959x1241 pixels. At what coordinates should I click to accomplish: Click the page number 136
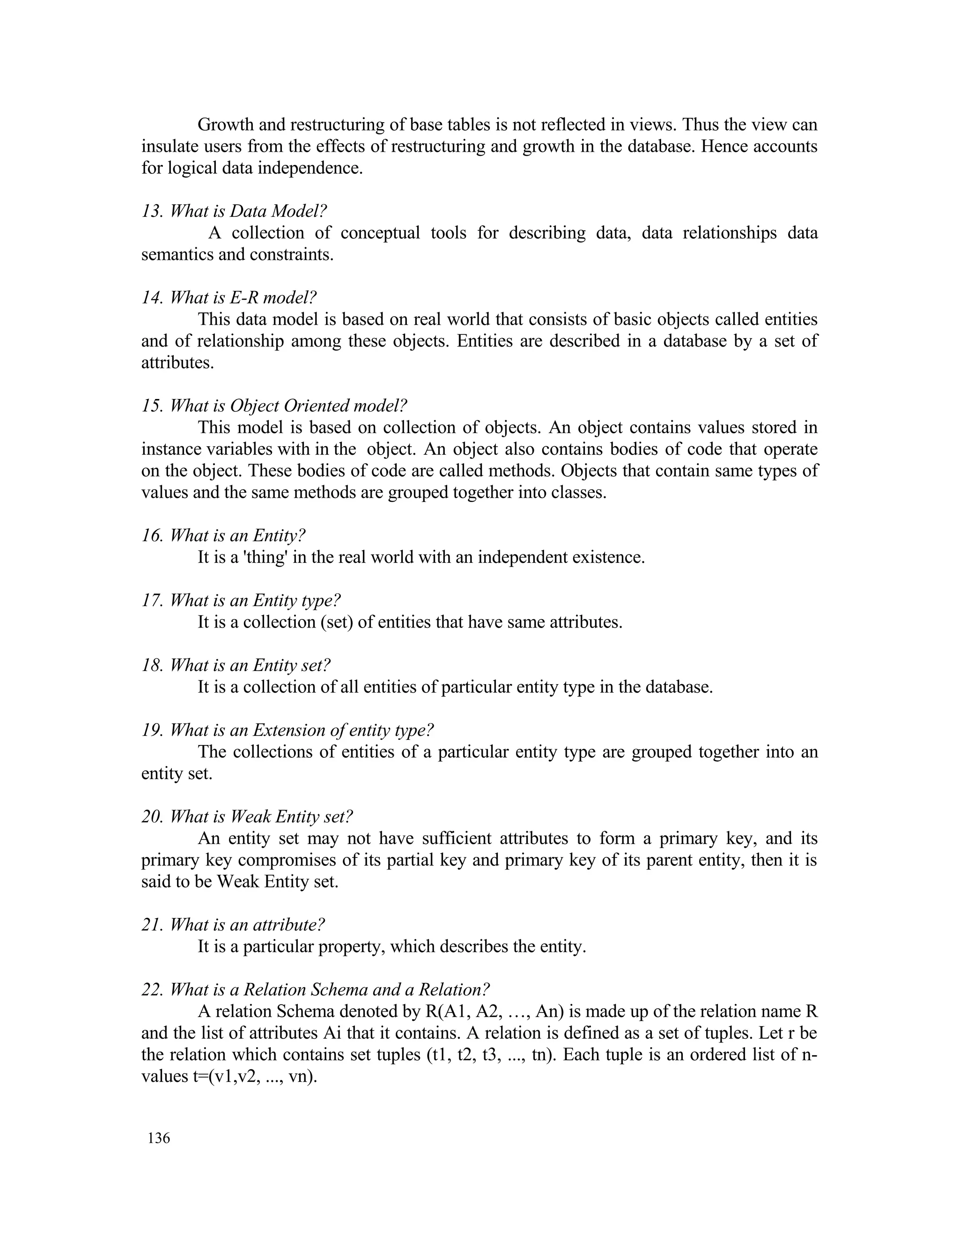(x=159, y=1138)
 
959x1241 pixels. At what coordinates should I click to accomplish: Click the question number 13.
(x=152, y=211)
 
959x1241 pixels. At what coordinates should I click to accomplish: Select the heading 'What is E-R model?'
(x=243, y=298)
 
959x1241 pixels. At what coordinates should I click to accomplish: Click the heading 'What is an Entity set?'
(x=250, y=665)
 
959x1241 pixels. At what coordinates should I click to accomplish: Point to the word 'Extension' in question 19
(x=293, y=730)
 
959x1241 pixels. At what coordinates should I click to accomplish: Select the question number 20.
(x=152, y=817)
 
